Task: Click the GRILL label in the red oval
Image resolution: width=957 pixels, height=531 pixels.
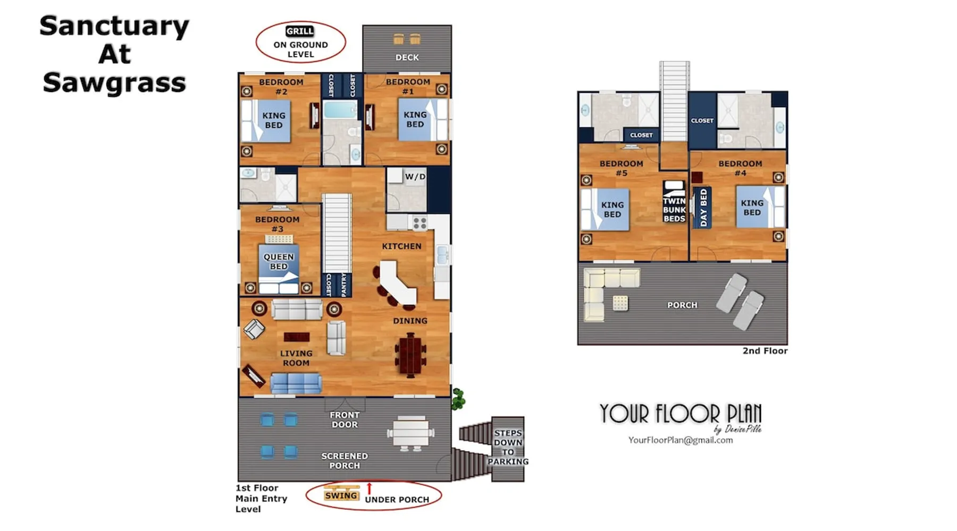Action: tap(299, 31)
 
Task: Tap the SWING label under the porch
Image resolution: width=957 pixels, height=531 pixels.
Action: tap(341, 495)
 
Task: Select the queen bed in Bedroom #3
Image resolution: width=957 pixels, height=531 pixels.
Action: tap(279, 268)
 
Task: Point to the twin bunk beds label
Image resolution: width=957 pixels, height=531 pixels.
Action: tap(674, 210)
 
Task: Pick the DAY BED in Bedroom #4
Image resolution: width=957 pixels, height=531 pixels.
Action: tap(703, 207)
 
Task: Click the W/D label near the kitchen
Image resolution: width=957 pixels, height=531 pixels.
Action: tap(415, 176)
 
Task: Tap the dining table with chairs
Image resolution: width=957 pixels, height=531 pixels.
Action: tap(410, 355)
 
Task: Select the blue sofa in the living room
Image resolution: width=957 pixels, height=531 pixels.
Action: tap(296, 383)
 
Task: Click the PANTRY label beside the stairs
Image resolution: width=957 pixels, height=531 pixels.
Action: tap(343, 285)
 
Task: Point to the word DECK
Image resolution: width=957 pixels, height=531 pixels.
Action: tap(407, 57)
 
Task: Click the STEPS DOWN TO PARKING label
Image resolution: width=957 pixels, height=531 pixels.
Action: tap(508, 447)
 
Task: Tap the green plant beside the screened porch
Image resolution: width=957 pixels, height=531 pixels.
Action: tap(458, 399)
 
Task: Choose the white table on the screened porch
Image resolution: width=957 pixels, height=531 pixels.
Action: tap(410, 433)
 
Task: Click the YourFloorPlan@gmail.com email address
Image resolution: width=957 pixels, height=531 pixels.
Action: tap(681, 440)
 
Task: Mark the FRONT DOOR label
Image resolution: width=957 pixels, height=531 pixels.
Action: tap(345, 419)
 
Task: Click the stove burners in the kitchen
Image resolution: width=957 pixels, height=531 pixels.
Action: tap(419, 224)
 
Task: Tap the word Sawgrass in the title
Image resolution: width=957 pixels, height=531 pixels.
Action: tap(114, 83)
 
